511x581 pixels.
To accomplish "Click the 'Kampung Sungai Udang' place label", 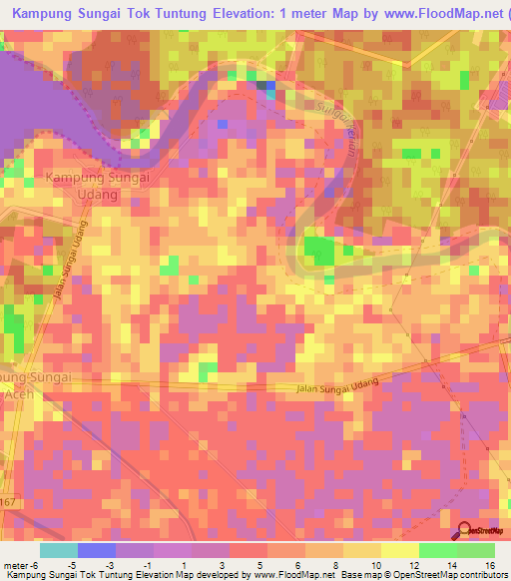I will pos(97,186).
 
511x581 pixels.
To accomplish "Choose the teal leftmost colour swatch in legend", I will pos(59,550).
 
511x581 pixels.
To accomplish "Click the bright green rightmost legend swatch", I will pos(476,550).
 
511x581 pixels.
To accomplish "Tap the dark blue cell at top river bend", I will pos(266,87).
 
